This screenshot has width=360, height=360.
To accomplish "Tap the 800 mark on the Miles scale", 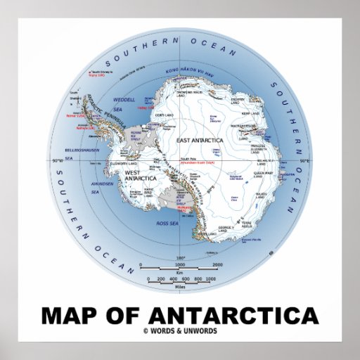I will [x=199, y=280].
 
